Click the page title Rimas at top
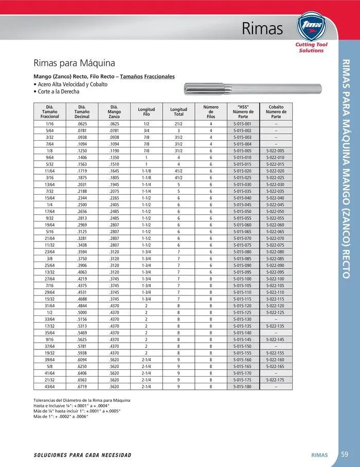click(x=262, y=29)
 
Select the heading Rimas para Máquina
click(x=74, y=64)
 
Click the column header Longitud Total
click(x=178, y=111)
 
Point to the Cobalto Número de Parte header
click(x=276, y=111)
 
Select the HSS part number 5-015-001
click(x=242, y=124)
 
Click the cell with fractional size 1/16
click(x=50, y=124)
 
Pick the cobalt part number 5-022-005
click(x=276, y=151)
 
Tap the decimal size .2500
click(x=82, y=204)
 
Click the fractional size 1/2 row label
click(x=50, y=312)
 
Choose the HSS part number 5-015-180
click(x=242, y=386)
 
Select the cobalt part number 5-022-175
click(x=276, y=379)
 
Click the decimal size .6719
click(x=82, y=386)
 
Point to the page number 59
click(x=345, y=454)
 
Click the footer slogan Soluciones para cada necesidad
click(x=82, y=455)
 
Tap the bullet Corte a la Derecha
click(x=58, y=91)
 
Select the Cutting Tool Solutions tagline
click(x=312, y=48)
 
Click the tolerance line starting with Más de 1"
click(x=61, y=416)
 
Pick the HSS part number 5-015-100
click(x=242, y=279)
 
